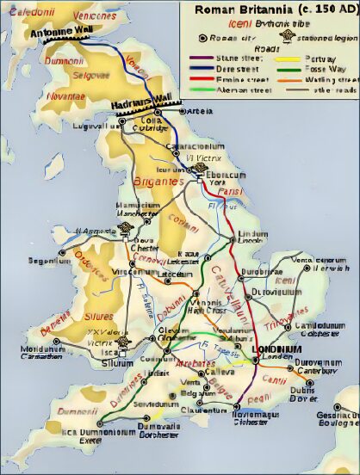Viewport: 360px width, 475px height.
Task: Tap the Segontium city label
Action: pos(26,259)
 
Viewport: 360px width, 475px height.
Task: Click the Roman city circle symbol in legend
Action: pos(202,38)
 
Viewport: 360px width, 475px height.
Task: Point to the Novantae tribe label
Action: pos(67,95)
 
